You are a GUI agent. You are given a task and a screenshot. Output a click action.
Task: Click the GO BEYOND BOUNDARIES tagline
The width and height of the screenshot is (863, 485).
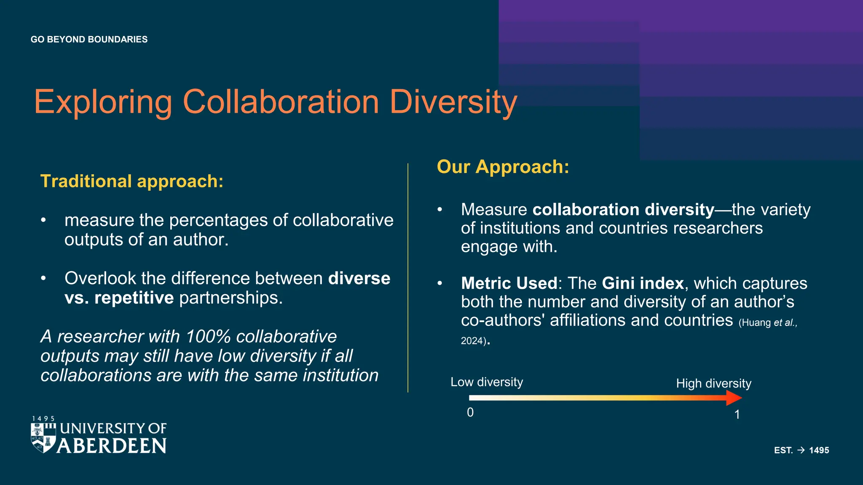tap(89, 40)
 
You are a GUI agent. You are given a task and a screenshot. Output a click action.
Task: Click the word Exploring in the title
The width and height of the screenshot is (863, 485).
tap(103, 102)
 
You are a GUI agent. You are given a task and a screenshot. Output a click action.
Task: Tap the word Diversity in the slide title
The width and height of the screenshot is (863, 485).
tap(453, 102)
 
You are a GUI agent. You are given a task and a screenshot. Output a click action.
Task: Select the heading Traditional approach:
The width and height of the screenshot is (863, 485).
tap(131, 181)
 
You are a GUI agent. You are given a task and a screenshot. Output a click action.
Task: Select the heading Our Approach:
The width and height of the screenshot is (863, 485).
tap(503, 167)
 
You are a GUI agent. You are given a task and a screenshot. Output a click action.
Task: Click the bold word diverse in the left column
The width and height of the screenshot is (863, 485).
tap(359, 278)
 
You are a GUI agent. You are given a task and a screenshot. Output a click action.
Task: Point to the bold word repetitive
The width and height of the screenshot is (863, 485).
tap(134, 298)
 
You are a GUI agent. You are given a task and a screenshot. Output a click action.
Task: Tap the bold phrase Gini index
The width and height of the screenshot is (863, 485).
tap(643, 283)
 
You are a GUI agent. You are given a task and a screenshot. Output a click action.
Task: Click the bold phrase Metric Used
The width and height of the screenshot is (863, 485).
tap(509, 283)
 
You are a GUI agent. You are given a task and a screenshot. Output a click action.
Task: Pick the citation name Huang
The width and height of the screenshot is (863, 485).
tap(756, 323)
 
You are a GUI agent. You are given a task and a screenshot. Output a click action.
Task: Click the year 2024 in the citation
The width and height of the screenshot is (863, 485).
tap(472, 341)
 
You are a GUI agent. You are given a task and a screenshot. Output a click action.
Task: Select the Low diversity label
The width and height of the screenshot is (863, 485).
tap(487, 382)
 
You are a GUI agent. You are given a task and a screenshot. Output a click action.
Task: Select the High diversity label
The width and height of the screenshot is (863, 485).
tap(713, 384)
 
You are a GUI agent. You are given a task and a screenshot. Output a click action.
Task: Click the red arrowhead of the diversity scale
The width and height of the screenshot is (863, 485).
tap(734, 398)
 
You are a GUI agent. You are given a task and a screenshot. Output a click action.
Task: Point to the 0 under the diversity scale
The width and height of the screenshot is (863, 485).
tap(470, 413)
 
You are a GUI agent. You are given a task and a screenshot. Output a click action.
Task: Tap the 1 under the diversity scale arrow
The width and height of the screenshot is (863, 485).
tap(737, 415)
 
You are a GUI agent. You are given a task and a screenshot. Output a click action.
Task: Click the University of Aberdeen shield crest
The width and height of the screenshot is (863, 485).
tap(43, 438)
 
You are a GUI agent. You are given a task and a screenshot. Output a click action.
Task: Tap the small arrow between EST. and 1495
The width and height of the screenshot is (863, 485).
tap(801, 450)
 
